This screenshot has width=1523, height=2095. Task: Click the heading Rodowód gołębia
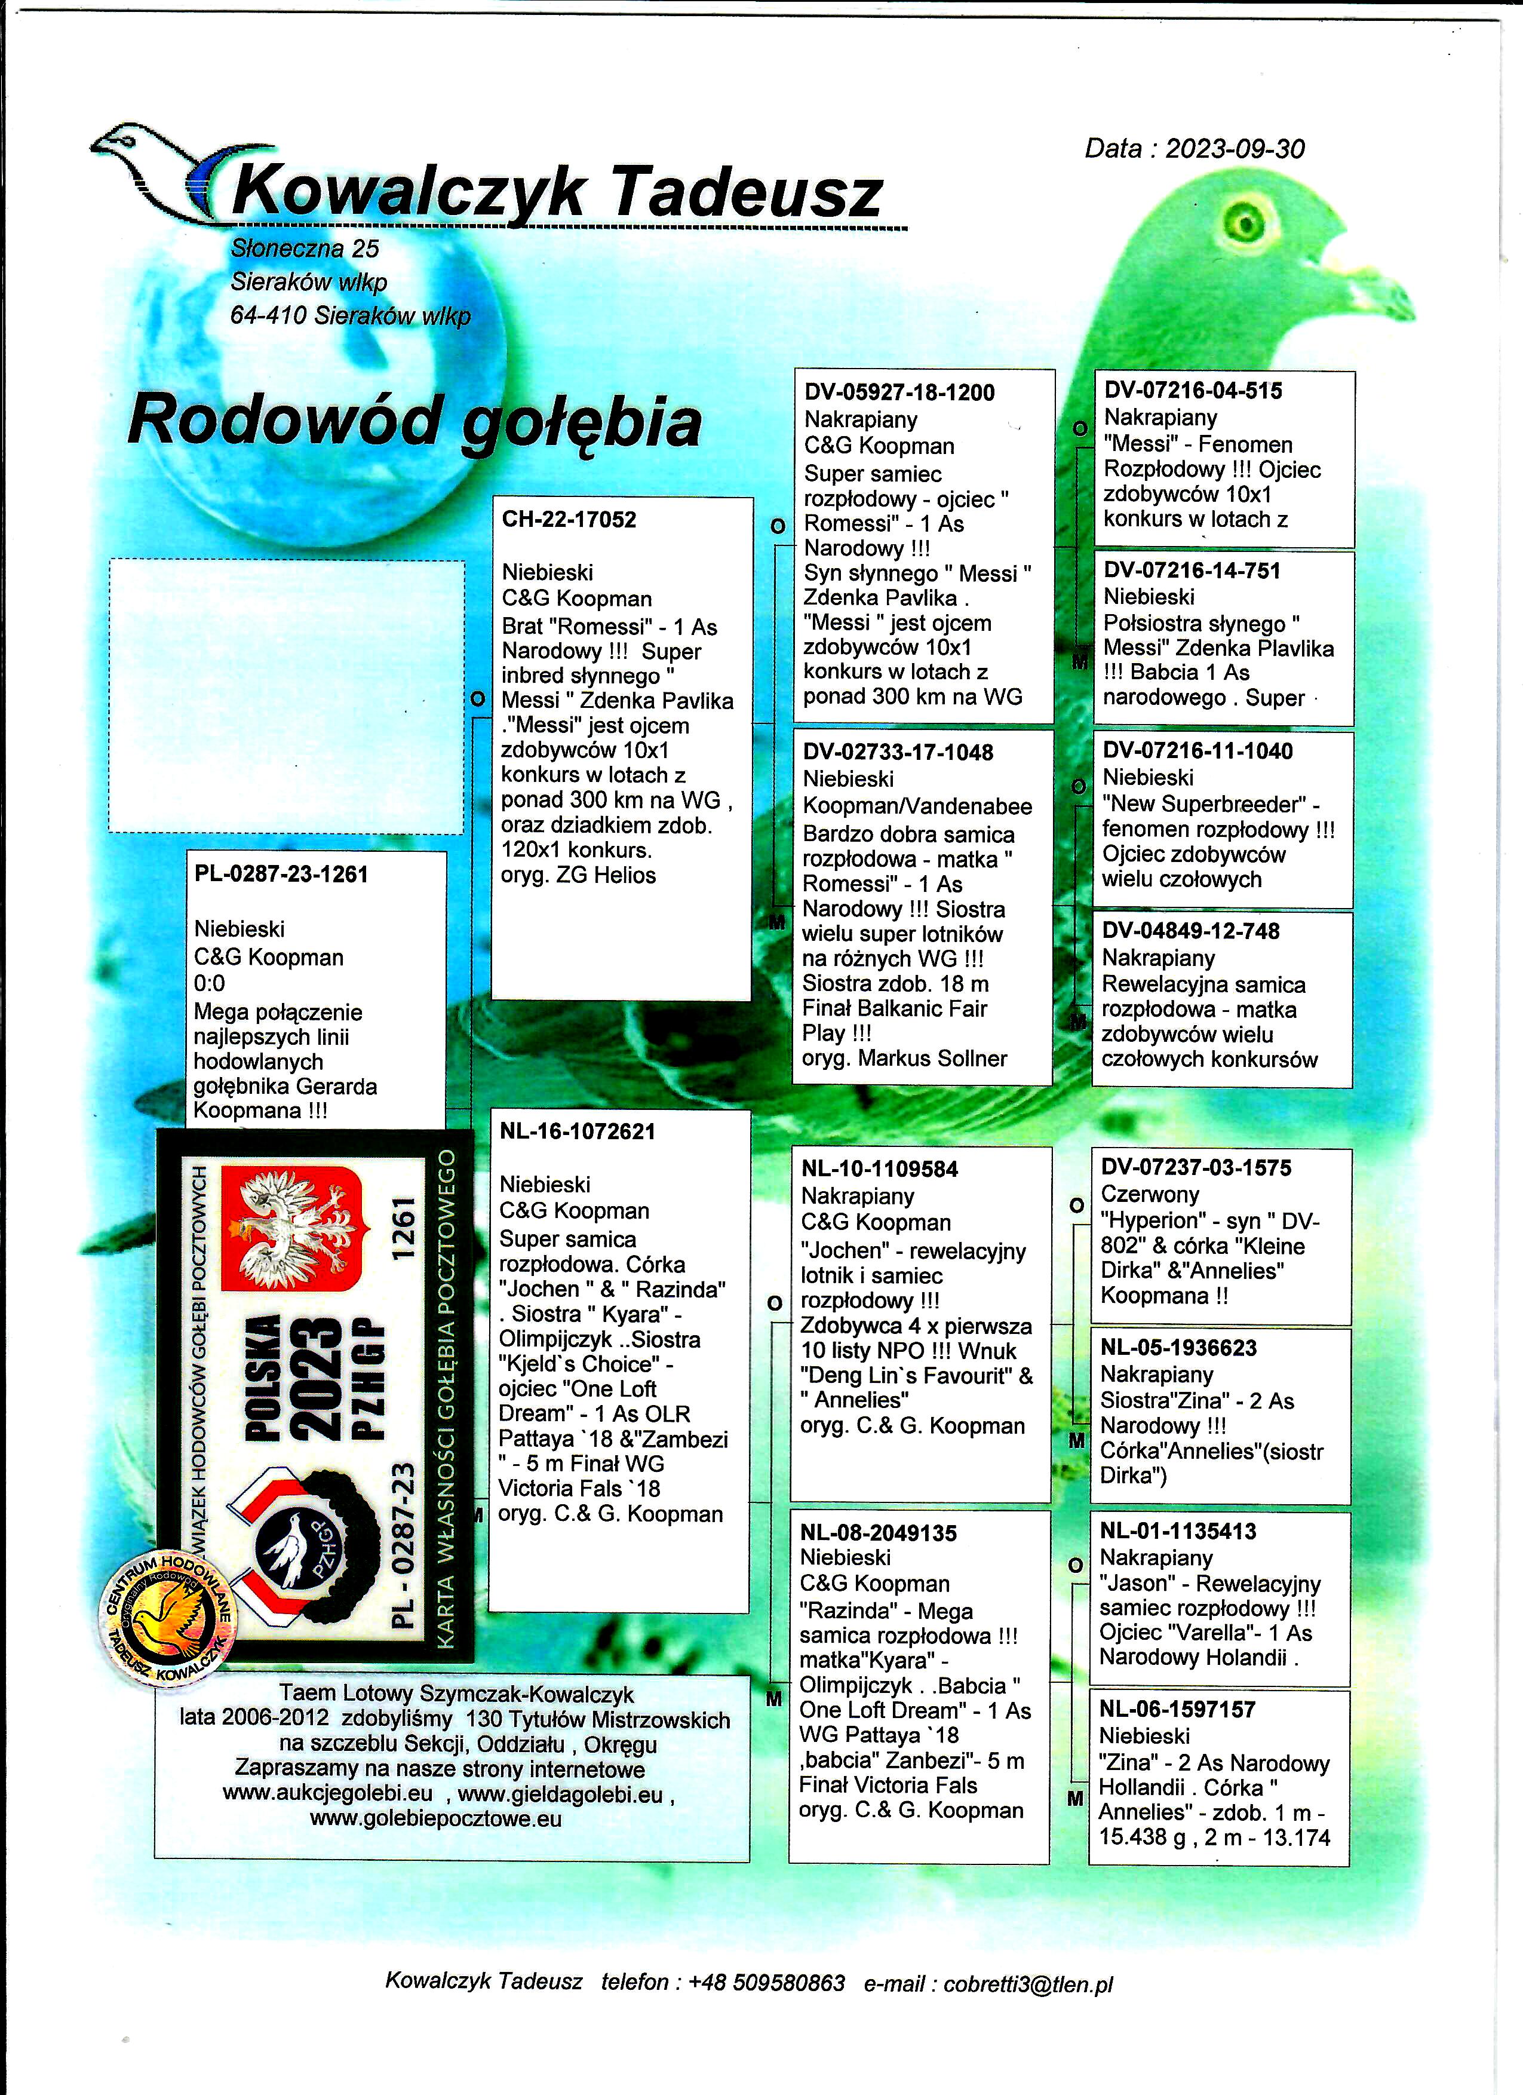click(x=414, y=421)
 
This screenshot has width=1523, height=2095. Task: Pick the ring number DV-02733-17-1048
click(x=897, y=752)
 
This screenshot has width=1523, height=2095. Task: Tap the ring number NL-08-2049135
click(x=879, y=1533)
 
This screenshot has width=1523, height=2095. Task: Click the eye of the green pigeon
click(x=1244, y=223)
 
